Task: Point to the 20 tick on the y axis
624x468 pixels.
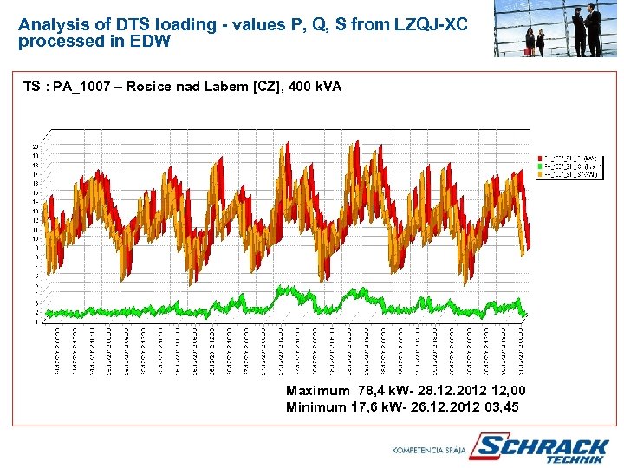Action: pos(36,146)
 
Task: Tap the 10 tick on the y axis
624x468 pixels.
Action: pos(36,238)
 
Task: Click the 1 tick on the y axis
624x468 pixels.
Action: pos(36,322)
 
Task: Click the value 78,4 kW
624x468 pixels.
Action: pos(385,391)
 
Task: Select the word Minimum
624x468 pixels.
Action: pos(316,406)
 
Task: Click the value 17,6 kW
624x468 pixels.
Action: pos(381,406)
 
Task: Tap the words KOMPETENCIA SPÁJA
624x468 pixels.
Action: pos(429,451)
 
